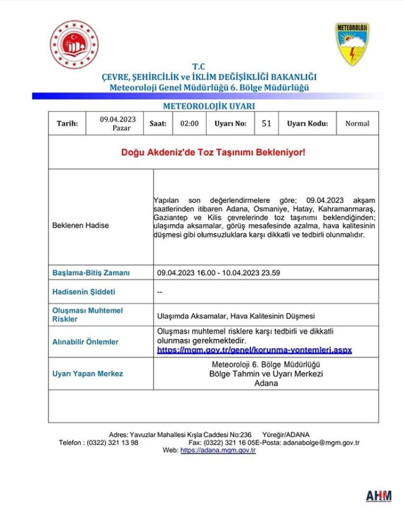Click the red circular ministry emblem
[74, 45]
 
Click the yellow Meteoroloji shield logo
[352, 45]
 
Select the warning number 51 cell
[266, 124]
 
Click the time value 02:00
[190, 124]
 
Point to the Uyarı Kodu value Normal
[357, 124]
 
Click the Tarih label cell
[68, 124]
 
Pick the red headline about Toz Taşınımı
[213, 152]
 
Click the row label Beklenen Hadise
[80, 225]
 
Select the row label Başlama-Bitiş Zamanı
[91, 272]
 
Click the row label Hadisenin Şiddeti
[84, 291]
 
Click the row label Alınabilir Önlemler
[85, 342]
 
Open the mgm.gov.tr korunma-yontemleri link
[254, 350]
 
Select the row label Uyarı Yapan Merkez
[88, 374]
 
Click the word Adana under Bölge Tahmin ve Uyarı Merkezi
[266, 384]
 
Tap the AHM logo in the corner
[378, 497]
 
